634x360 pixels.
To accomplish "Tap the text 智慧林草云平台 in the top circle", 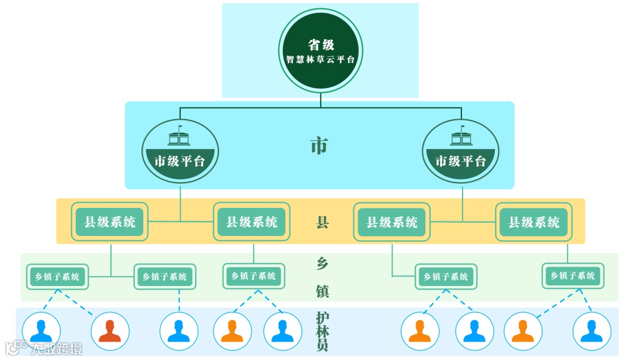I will tap(320, 59).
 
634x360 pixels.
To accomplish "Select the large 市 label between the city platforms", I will tap(319, 146).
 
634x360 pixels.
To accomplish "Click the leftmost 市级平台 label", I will tap(180, 161).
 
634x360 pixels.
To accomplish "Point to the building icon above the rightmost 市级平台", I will tap(461, 136).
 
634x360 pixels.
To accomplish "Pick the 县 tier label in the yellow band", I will tap(322, 222).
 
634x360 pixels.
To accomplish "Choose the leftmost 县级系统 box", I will tap(110, 222).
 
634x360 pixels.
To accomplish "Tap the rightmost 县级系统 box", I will tap(534, 222).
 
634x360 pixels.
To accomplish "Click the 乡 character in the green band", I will tap(322, 264).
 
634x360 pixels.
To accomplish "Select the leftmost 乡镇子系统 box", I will tap(57, 276).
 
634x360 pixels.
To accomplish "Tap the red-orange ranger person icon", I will tap(110, 331).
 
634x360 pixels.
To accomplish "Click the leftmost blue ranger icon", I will tap(41, 331).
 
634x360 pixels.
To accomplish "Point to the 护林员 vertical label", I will tap(322, 331).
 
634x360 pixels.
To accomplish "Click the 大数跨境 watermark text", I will tap(56, 348).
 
